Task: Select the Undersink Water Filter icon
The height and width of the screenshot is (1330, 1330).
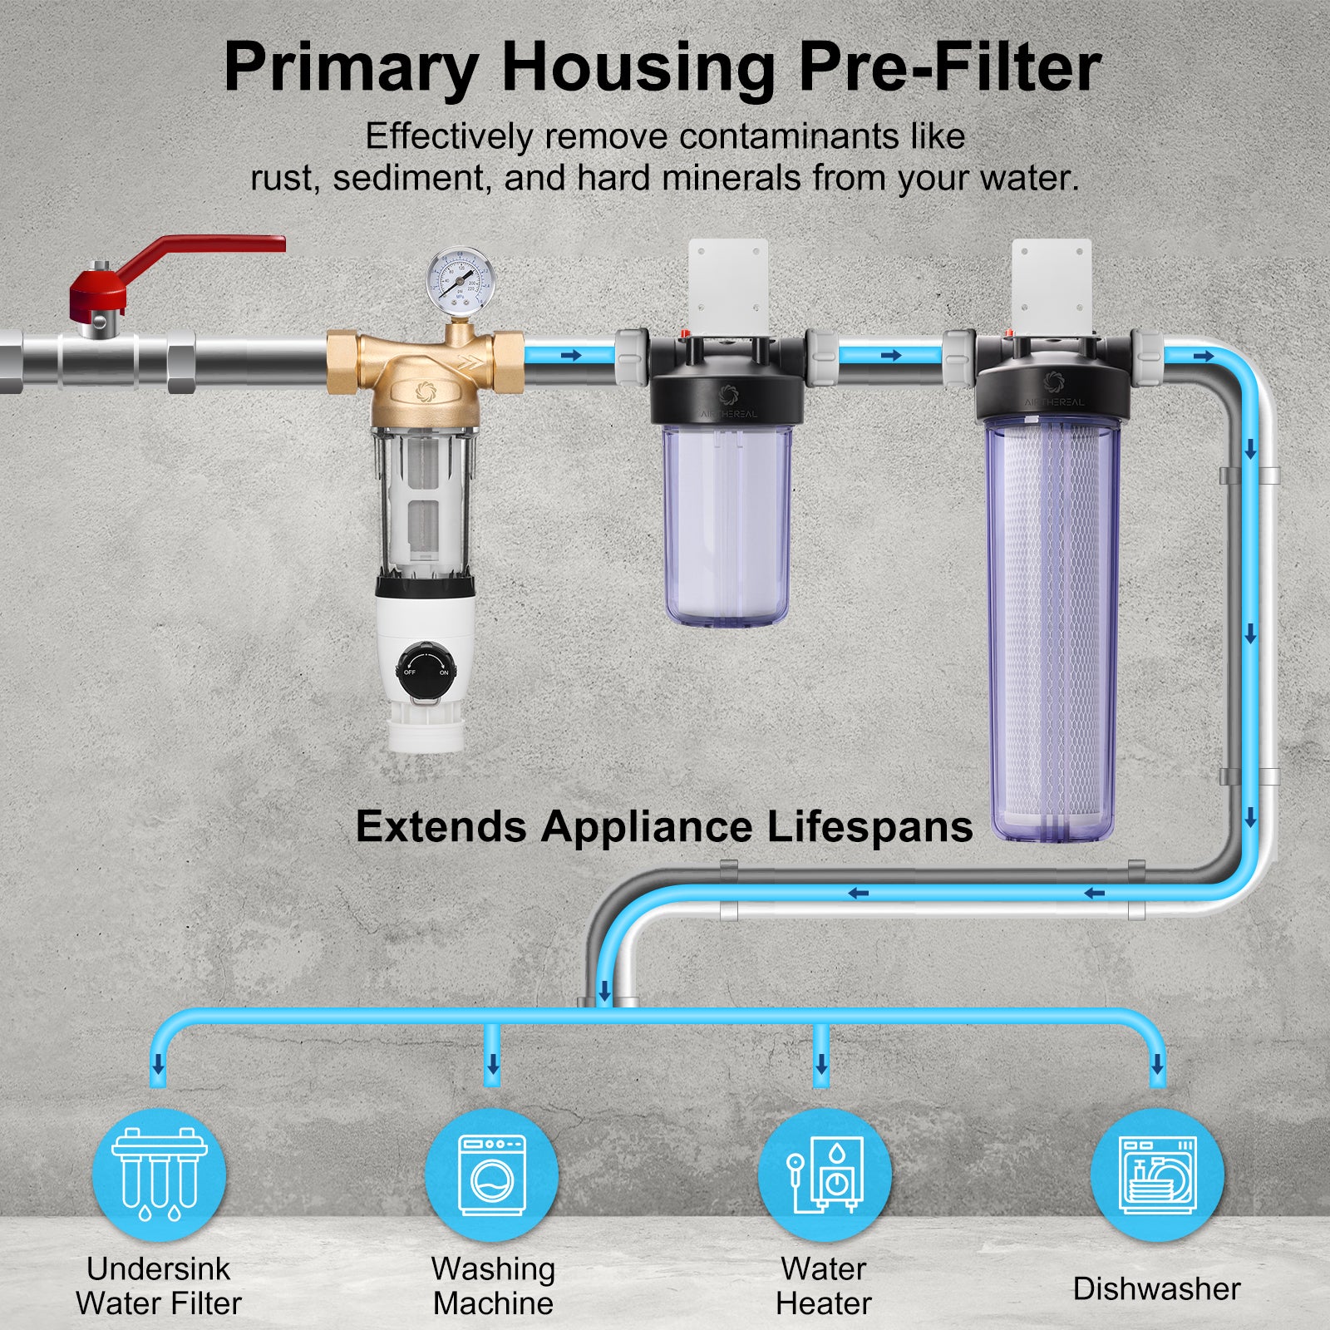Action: (x=159, y=1175)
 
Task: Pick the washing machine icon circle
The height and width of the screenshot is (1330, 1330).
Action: (x=492, y=1175)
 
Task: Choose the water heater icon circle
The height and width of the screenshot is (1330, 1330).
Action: (x=824, y=1175)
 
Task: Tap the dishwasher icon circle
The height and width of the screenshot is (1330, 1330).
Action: (x=1157, y=1175)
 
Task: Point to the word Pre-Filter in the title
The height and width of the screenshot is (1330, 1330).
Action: (x=949, y=68)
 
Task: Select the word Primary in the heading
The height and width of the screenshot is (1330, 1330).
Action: (x=350, y=68)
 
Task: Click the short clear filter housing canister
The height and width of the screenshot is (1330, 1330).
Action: (x=727, y=524)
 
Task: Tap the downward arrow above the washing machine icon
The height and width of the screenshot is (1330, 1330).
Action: (x=493, y=1063)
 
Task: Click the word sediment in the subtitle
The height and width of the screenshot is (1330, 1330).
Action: (x=409, y=178)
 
